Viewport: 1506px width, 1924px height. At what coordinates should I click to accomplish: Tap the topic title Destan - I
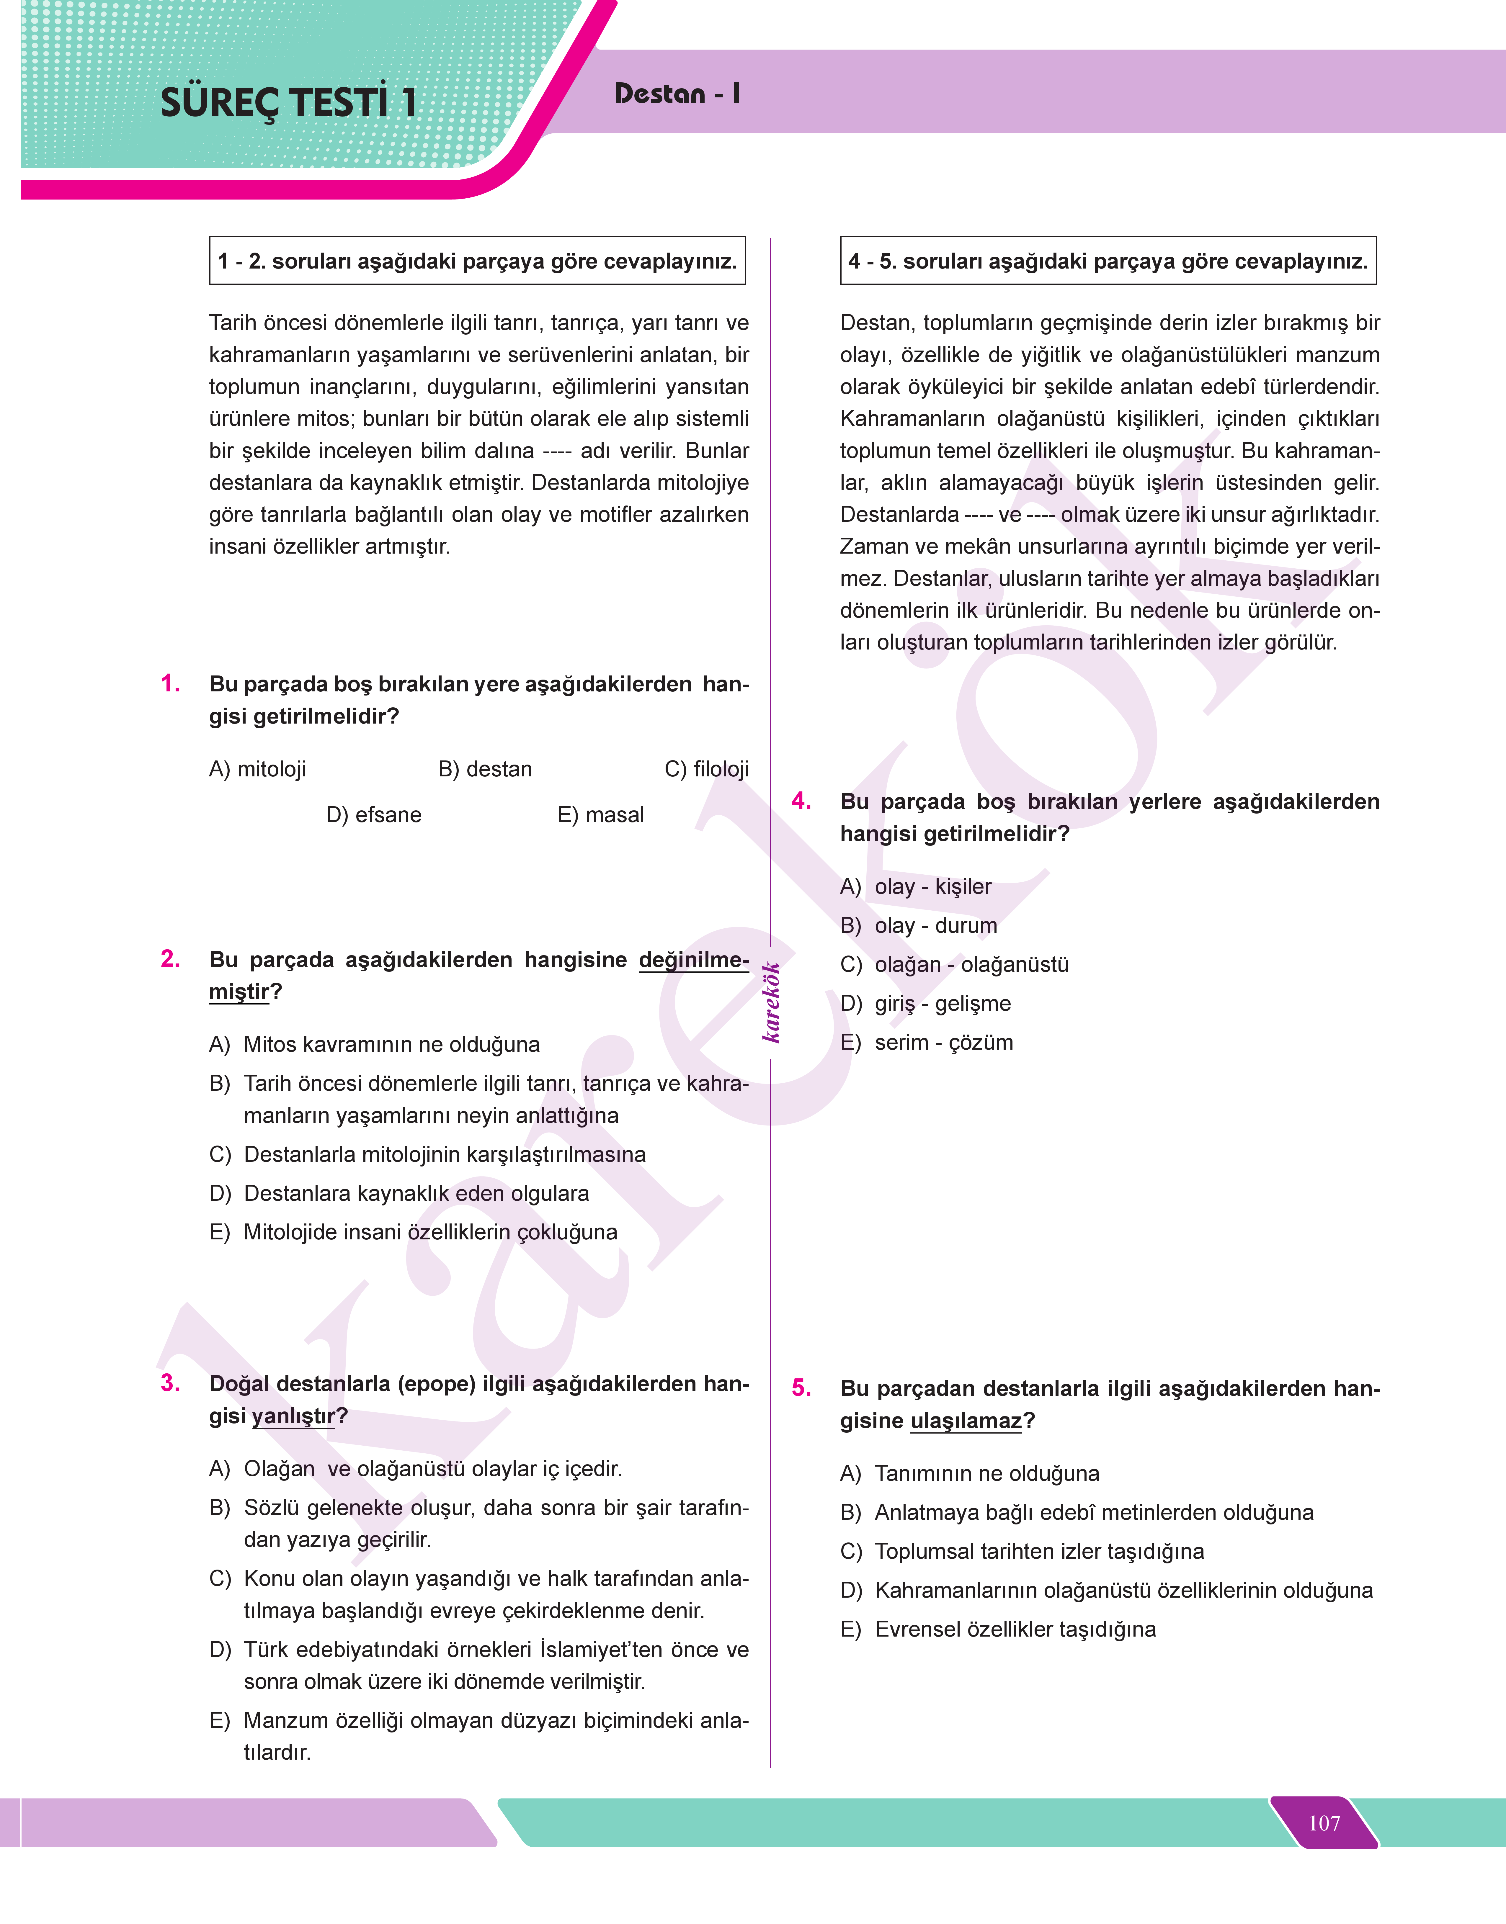(x=676, y=94)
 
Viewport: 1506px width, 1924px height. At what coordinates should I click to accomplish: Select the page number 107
(x=1324, y=1823)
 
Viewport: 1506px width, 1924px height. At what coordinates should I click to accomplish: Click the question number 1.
(x=170, y=683)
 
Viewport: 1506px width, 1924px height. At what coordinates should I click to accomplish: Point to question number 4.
(x=801, y=800)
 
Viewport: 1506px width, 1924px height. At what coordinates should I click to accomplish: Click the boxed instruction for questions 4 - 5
(x=1108, y=261)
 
